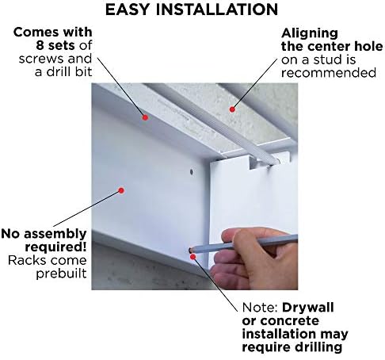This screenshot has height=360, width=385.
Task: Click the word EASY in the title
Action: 128,10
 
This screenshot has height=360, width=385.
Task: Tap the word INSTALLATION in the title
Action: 217,10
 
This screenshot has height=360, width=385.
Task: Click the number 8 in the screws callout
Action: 40,45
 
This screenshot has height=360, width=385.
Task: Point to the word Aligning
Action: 310,34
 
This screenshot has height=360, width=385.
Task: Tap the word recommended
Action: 329,73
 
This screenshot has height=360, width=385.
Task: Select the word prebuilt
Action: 61,274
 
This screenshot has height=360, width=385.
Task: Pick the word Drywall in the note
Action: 308,308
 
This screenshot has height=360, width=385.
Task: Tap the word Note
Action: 260,308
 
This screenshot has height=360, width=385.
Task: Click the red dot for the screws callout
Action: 145,117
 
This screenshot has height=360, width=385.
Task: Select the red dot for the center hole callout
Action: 232,109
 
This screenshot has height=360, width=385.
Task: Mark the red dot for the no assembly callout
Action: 121,190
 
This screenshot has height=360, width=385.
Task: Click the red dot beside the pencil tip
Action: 193,257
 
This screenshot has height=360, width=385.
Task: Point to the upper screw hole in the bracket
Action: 191,172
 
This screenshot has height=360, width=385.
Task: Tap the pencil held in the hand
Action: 243,243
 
